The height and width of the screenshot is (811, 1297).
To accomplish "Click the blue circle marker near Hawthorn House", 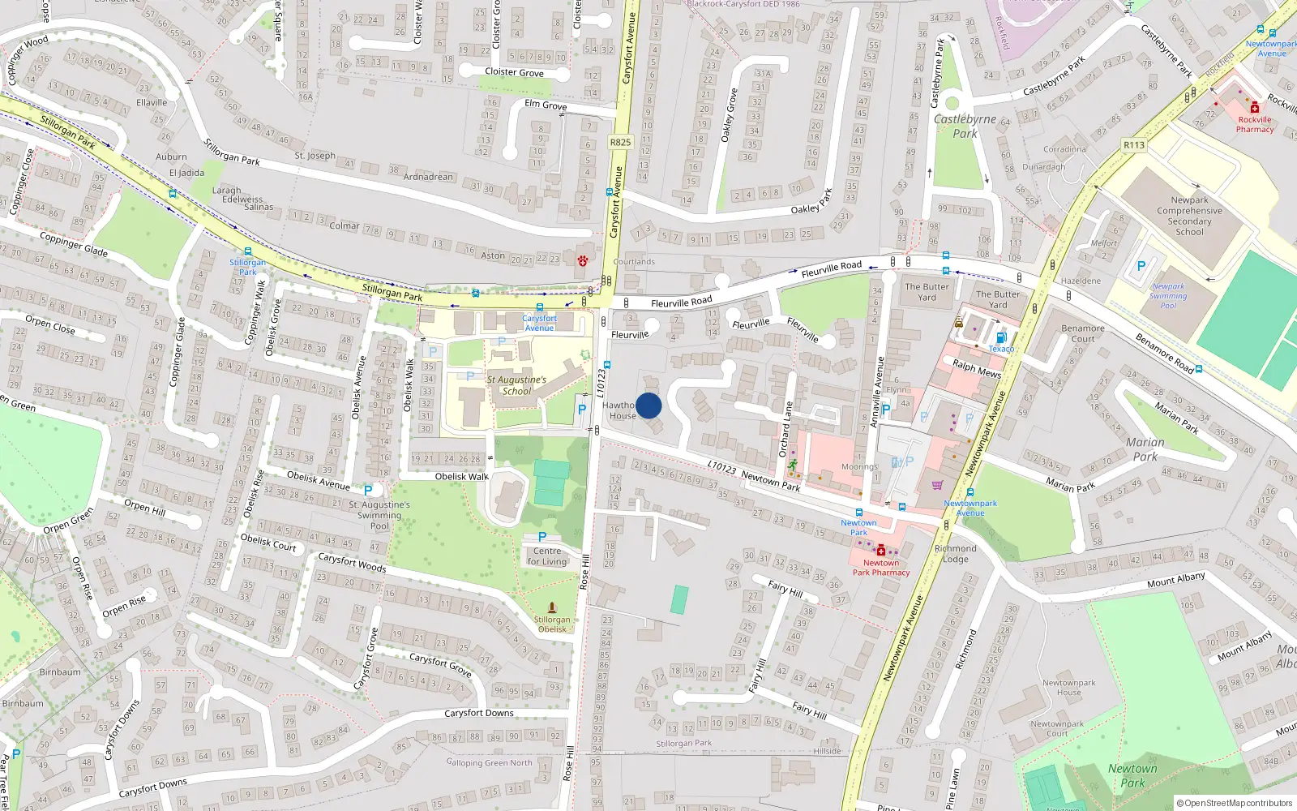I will click(x=648, y=405).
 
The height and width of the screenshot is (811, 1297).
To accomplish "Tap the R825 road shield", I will click(x=620, y=142).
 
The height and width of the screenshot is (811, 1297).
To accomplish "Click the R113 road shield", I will click(x=1133, y=145).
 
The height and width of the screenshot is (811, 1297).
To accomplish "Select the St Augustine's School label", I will click(x=516, y=385).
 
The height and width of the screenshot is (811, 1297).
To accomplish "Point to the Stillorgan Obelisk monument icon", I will click(x=552, y=607).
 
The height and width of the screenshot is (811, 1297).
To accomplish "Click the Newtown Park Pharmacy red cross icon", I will click(x=881, y=551).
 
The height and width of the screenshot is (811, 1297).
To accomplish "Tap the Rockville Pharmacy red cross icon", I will click(x=1255, y=107).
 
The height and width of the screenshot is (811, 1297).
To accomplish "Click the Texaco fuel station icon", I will click(x=1001, y=338).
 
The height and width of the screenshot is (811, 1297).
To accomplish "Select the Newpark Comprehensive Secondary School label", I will click(x=1189, y=216).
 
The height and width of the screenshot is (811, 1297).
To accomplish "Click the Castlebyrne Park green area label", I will click(x=965, y=127).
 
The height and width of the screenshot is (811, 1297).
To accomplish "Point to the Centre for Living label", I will click(x=547, y=556).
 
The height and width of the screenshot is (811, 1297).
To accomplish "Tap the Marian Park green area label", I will click(x=1145, y=449).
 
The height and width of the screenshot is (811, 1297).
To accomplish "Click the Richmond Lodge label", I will click(x=956, y=554).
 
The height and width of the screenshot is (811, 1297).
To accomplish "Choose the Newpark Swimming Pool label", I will click(x=1168, y=296).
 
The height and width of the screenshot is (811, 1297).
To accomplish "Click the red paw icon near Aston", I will click(x=582, y=260).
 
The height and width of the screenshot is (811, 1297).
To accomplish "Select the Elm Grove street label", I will click(x=546, y=105).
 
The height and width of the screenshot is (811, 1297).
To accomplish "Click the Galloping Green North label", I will click(x=490, y=763).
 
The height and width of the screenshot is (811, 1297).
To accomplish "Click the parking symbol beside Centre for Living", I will click(x=542, y=537).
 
